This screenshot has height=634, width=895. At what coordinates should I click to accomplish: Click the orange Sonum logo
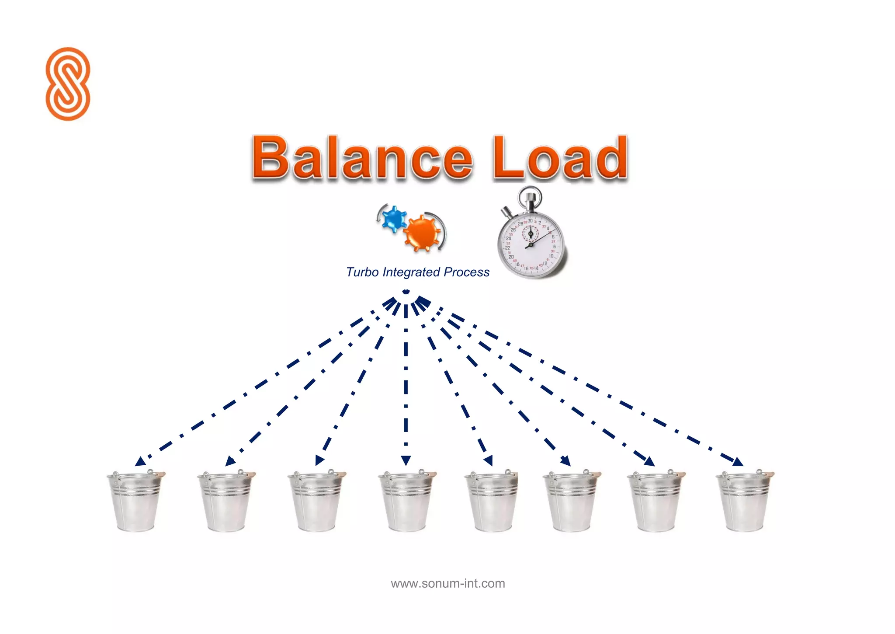(68, 84)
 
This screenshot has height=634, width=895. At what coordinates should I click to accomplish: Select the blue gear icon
(394, 218)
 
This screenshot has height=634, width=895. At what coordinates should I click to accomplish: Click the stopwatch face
(531, 245)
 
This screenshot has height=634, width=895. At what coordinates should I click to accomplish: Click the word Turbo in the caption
(362, 272)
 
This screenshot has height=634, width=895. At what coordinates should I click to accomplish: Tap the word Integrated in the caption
(411, 272)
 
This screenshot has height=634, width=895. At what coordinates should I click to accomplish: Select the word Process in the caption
(466, 272)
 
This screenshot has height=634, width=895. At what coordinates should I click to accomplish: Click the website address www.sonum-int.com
(448, 583)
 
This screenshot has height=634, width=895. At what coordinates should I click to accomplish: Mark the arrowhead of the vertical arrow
(406, 460)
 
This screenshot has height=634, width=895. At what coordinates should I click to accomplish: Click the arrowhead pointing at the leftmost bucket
(140, 461)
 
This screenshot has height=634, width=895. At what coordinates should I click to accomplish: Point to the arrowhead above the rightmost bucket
(738, 462)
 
